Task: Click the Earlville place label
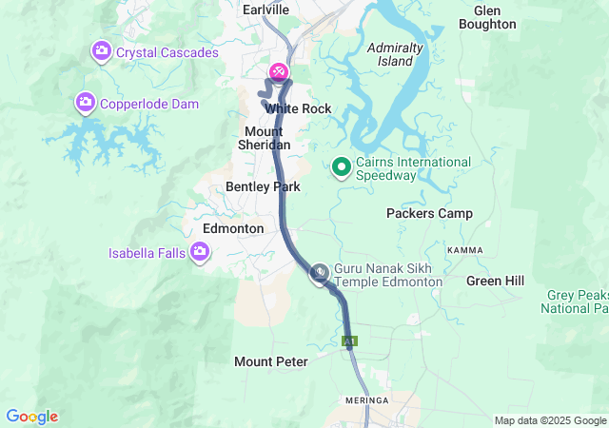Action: click(x=265, y=9)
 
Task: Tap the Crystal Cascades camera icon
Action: click(x=101, y=49)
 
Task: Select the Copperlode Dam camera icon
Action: click(x=86, y=102)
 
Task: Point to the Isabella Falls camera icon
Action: click(x=200, y=252)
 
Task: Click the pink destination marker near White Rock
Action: click(x=279, y=71)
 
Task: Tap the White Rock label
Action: click(x=298, y=109)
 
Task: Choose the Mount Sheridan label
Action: click(x=264, y=138)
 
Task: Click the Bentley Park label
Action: click(x=263, y=187)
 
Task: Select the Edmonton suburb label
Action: click(x=233, y=229)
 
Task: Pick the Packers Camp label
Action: click(x=429, y=213)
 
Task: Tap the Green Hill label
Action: click(x=495, y=281)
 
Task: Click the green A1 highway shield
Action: click(x=350, y=340)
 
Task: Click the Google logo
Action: click(x=31, y=417)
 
